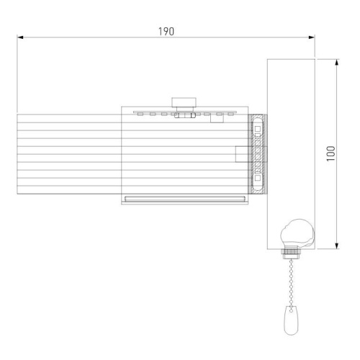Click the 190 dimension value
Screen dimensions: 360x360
[x=166, y=32]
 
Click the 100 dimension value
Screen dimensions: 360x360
[x=331, y=153]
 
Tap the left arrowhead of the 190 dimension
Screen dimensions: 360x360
[x=20, y=37]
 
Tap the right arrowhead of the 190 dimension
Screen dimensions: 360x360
[x=312, y=37]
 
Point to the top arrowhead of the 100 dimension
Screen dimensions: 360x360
[x=337, y=62]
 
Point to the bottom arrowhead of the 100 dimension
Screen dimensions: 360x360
[x=337, y=246]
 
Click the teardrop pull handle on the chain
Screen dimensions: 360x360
[x=291, y=320]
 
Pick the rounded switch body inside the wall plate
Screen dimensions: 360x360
[x=297, y=234]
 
